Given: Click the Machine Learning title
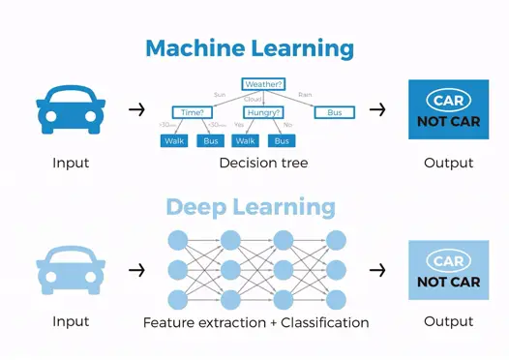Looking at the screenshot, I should coord(250,47).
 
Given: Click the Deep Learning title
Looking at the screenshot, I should coord(250,207).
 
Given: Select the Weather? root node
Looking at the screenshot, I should coord(263,84).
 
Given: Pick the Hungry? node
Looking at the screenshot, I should coord(263,112).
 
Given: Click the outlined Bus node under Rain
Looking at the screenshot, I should coord(334,112).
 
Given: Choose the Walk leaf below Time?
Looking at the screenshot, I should coord(175,141).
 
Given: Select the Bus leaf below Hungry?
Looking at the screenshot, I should coord(281,141).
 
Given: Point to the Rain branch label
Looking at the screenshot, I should coord(305,95).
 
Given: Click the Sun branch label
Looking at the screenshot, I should coord(220,95).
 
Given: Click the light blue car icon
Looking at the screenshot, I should coord(71,268).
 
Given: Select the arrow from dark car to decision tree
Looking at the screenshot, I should coord(136,109).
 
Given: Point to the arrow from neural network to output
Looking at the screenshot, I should coord(377,269).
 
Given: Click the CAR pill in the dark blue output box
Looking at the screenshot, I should coord(448,101).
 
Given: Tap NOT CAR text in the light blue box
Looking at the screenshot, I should coord(448,282).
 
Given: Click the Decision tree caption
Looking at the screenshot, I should coord(263,164).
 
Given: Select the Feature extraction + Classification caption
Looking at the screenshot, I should coord(255,322).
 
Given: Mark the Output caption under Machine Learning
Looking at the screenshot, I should coord(448,164).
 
